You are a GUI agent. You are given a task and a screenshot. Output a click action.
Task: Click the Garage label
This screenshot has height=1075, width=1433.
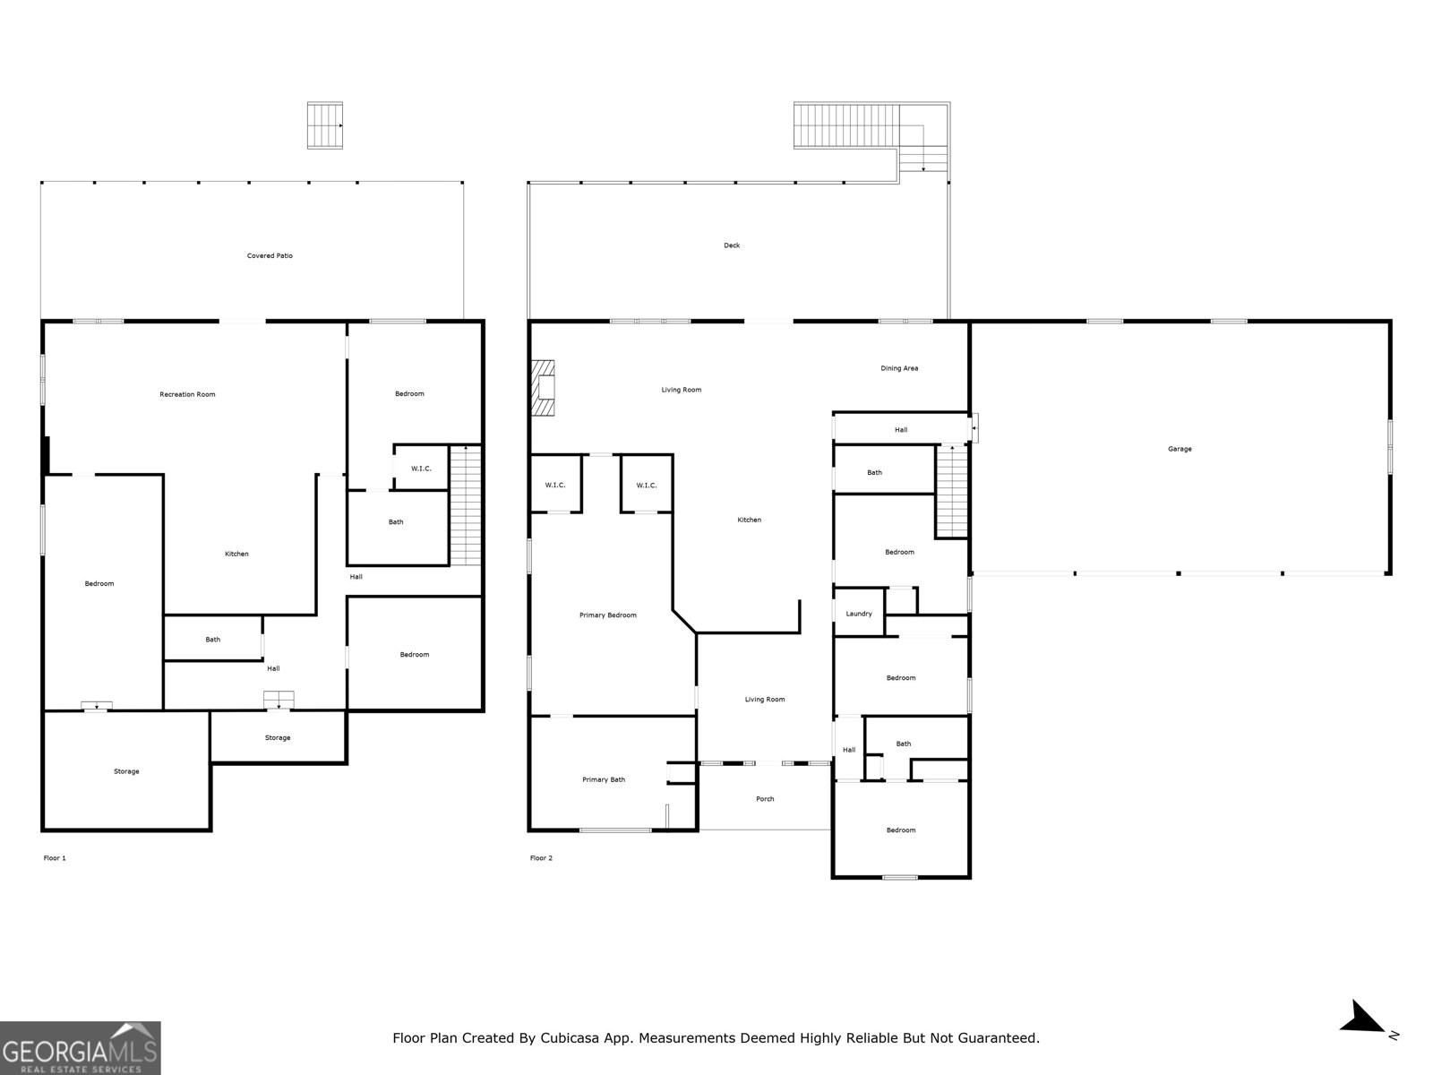click(1180, 449)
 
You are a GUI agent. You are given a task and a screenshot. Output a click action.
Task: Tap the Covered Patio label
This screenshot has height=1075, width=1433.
click(270, 256)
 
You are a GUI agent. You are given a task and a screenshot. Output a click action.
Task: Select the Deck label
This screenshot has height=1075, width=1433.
click(732, 245)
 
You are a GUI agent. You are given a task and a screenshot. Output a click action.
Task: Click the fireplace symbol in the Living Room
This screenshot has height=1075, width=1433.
click(543, 388)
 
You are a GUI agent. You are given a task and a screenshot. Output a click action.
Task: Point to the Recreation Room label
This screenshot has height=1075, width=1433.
click(187, 394)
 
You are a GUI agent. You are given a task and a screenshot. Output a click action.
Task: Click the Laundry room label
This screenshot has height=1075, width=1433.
click(859, 614)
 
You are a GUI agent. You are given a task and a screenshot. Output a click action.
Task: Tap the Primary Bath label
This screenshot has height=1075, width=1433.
click(604, 779)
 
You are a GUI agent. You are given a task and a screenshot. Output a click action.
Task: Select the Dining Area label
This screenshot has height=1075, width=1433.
click(899, 368)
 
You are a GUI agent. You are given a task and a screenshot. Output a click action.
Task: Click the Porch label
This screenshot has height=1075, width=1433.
click(765, 799)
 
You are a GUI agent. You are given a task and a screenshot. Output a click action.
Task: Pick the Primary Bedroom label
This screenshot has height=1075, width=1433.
click(608, 615)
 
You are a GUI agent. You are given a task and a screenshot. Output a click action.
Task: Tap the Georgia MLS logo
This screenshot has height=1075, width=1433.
click(80, 1047)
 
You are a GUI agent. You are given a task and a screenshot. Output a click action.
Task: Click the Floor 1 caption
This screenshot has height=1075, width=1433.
click(55, 858)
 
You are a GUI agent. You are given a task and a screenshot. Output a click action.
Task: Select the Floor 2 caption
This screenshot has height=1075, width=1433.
click(541, 858)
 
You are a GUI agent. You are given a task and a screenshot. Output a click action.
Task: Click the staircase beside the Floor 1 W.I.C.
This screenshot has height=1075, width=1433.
click(466, 505)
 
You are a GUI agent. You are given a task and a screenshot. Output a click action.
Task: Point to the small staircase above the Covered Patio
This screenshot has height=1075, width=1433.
click(325, 125)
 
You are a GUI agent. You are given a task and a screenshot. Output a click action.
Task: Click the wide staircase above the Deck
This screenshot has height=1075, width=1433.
click(846, 125)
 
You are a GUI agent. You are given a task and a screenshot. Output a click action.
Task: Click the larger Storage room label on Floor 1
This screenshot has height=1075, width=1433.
click(126, 771)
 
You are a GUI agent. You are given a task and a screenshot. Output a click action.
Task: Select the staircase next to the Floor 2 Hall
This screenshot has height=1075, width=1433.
click(952, 491)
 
